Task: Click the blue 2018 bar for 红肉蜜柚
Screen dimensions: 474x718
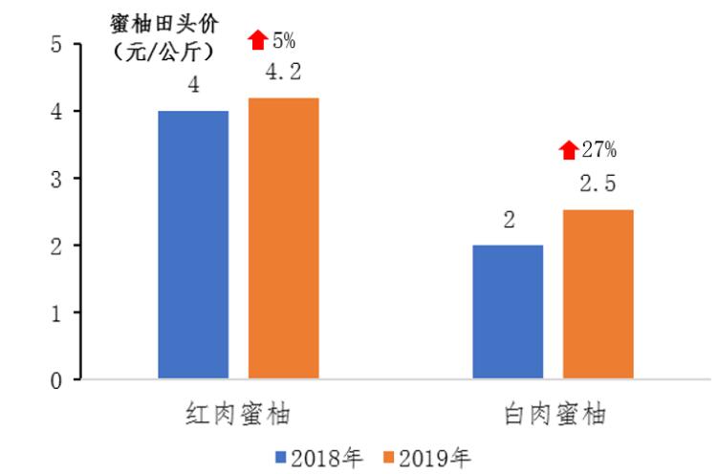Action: click(x=194, y=246)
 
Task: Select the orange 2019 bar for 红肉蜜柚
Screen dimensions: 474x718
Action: click(x=284, y=239)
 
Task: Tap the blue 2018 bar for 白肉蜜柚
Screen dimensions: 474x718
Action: click(x=509, y=312)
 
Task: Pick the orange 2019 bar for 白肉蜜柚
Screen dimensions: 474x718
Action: click(x=598, y=295)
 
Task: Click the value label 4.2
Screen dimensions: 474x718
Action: click(x=284, y=73)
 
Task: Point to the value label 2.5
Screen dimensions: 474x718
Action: click(x=598, y=184)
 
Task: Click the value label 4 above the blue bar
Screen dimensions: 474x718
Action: click(x=194, y=86)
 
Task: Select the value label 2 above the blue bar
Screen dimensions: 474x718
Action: click(x=509, y=221)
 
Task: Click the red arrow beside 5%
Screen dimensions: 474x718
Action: click(x=257, y=40)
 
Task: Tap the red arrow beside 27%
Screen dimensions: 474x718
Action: click(x=569, y=150)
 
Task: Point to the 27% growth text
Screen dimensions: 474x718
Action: click(x=599, y=150)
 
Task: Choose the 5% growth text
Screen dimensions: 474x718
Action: click(x=284, y=40)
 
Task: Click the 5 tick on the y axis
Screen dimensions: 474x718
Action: click(x=55, y=45)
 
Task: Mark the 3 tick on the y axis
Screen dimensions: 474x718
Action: click(x=55, y=179)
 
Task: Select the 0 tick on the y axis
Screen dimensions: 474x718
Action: click(x=55, y=380)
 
